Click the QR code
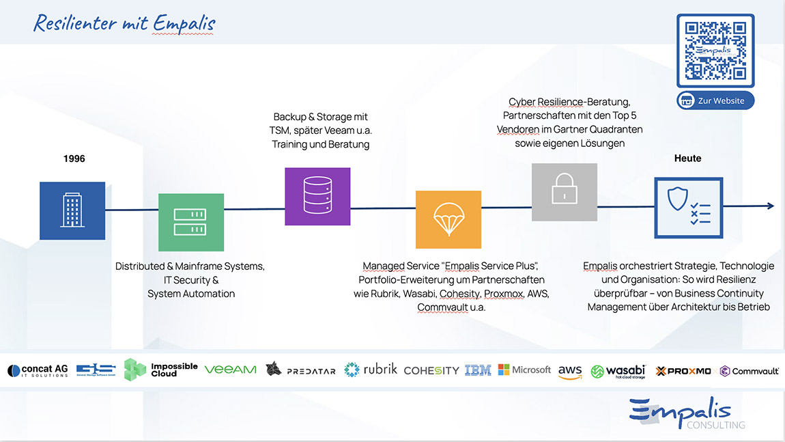[715, 51]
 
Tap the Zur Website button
[715, 100]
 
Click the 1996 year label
[74, 159]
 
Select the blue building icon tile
[72, 210]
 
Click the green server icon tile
[191, 222]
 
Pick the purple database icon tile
[317, 197]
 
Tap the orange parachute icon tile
[448, 219]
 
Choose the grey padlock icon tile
[565, 192]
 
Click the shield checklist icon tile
[688, 208]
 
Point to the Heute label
[688, 158]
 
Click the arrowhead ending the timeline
[771, 206]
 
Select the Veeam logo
[230, 370]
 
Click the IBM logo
[478, 370]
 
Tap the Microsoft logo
[524, 370]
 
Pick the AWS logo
[570, 372]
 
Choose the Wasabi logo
[618, 372]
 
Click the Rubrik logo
[371, 370]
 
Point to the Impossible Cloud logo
[160, 370]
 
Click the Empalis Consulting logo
[687, 413]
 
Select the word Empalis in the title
[184, 23]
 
